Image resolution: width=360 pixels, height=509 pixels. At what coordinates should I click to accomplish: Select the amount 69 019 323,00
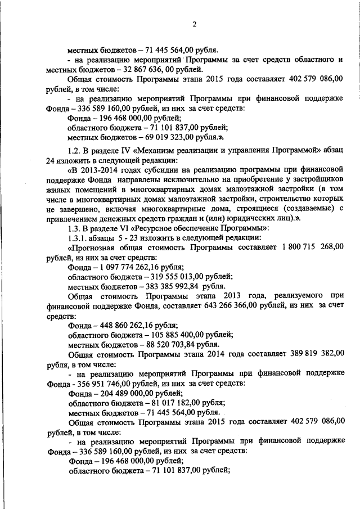tap(168, 137)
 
